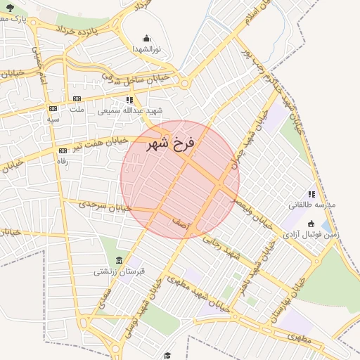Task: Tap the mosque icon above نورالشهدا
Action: click(146, 39)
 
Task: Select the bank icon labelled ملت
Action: click(77, 99)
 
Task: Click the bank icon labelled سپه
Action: click(53, 109)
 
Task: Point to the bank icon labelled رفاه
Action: click(63, 150)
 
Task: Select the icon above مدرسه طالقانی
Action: click(311, 194)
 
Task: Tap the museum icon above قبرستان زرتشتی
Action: click(118, 260)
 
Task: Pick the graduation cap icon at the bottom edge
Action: click(167, 355)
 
